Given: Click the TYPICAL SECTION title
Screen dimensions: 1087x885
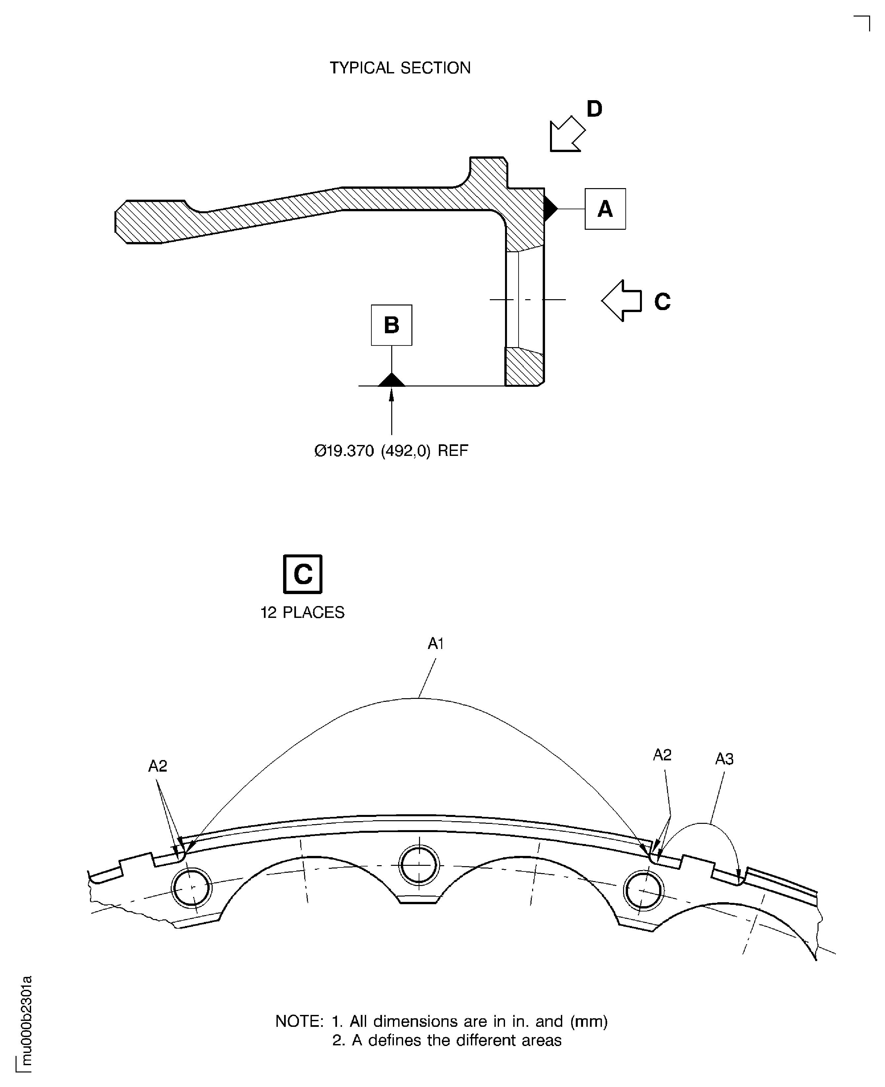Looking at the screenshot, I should (400, 68).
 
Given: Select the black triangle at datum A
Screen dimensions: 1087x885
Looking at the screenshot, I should (550, 208).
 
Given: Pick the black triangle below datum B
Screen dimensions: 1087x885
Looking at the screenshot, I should (392, 380).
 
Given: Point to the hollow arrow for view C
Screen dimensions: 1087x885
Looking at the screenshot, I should (621, 300).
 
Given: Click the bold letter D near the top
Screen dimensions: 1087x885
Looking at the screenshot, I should (594, 108).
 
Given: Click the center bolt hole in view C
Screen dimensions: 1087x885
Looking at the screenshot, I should (419, 865).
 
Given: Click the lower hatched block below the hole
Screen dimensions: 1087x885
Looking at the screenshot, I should (524, 366).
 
